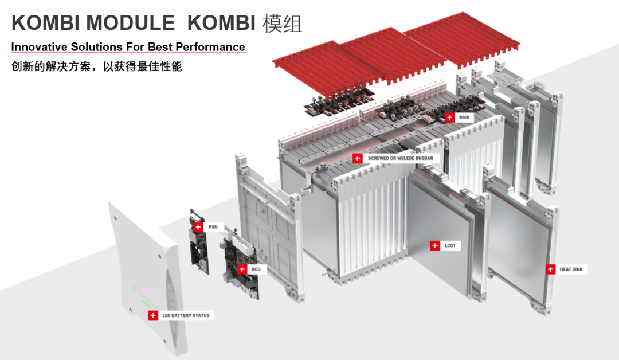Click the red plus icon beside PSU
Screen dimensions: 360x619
[198, 227]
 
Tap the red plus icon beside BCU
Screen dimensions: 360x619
[241, 268]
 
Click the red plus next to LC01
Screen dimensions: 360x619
[435, 245]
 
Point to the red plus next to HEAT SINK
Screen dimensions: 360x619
[550, 269]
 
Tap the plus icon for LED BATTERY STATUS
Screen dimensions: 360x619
[152, 315]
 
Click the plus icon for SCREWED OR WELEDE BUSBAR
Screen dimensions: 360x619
[358, 158]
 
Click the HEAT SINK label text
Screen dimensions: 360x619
[574, 269]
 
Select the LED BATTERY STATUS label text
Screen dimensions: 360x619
[186, 315]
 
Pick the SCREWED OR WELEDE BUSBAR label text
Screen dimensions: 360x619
[400, 158]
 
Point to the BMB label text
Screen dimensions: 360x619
[464, 118]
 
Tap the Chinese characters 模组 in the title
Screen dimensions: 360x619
[282, 22]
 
